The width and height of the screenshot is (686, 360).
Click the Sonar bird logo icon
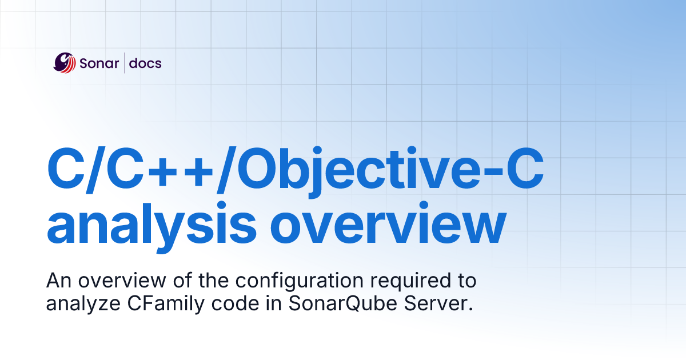pyautogui.click(x=65, y=63)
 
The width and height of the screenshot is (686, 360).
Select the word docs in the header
pyautogui.click(x=145, y=63)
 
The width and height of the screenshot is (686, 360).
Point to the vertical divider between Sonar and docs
pyautogui.click(x=125, y=63)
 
